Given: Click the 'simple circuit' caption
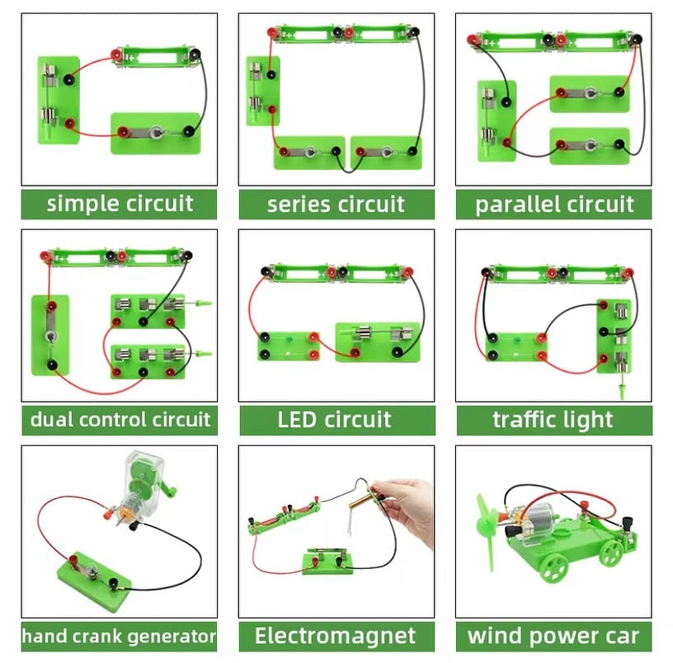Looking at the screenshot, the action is tap(120, 204).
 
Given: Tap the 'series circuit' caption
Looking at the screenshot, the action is tap(336, 205).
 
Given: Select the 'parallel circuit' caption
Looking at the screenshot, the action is tap(554, 205).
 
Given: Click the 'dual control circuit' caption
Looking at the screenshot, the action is tap(120, 420).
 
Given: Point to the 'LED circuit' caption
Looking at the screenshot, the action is tap(334, 420).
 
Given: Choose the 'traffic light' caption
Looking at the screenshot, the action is tap(553, 420).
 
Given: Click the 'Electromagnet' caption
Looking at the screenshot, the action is tap(335, 636).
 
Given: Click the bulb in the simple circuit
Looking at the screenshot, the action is tap(156, 132).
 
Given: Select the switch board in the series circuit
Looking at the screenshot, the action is tap(263, 92).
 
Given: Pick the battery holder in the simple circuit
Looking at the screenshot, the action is tap(156, 57).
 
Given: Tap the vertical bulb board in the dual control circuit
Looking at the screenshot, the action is tap(50, 335).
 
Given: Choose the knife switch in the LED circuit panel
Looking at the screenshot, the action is tap(378, 341).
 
